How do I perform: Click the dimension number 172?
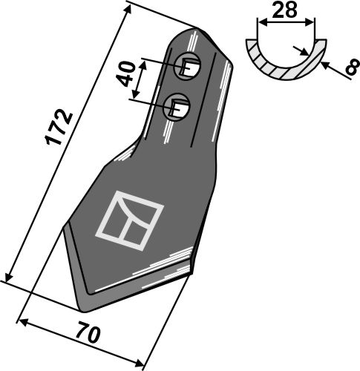[x=59, y=126]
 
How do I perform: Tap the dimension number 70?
[x=88, y=335]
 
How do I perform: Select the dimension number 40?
[x=126, y=73]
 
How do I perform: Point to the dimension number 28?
[x=284, y=10]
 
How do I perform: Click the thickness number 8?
[x=353, y=66]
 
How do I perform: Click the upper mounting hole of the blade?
[x=187, y=66]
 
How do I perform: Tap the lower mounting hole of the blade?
[x=177, y=107]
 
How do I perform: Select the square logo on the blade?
[x=129, y=220]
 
